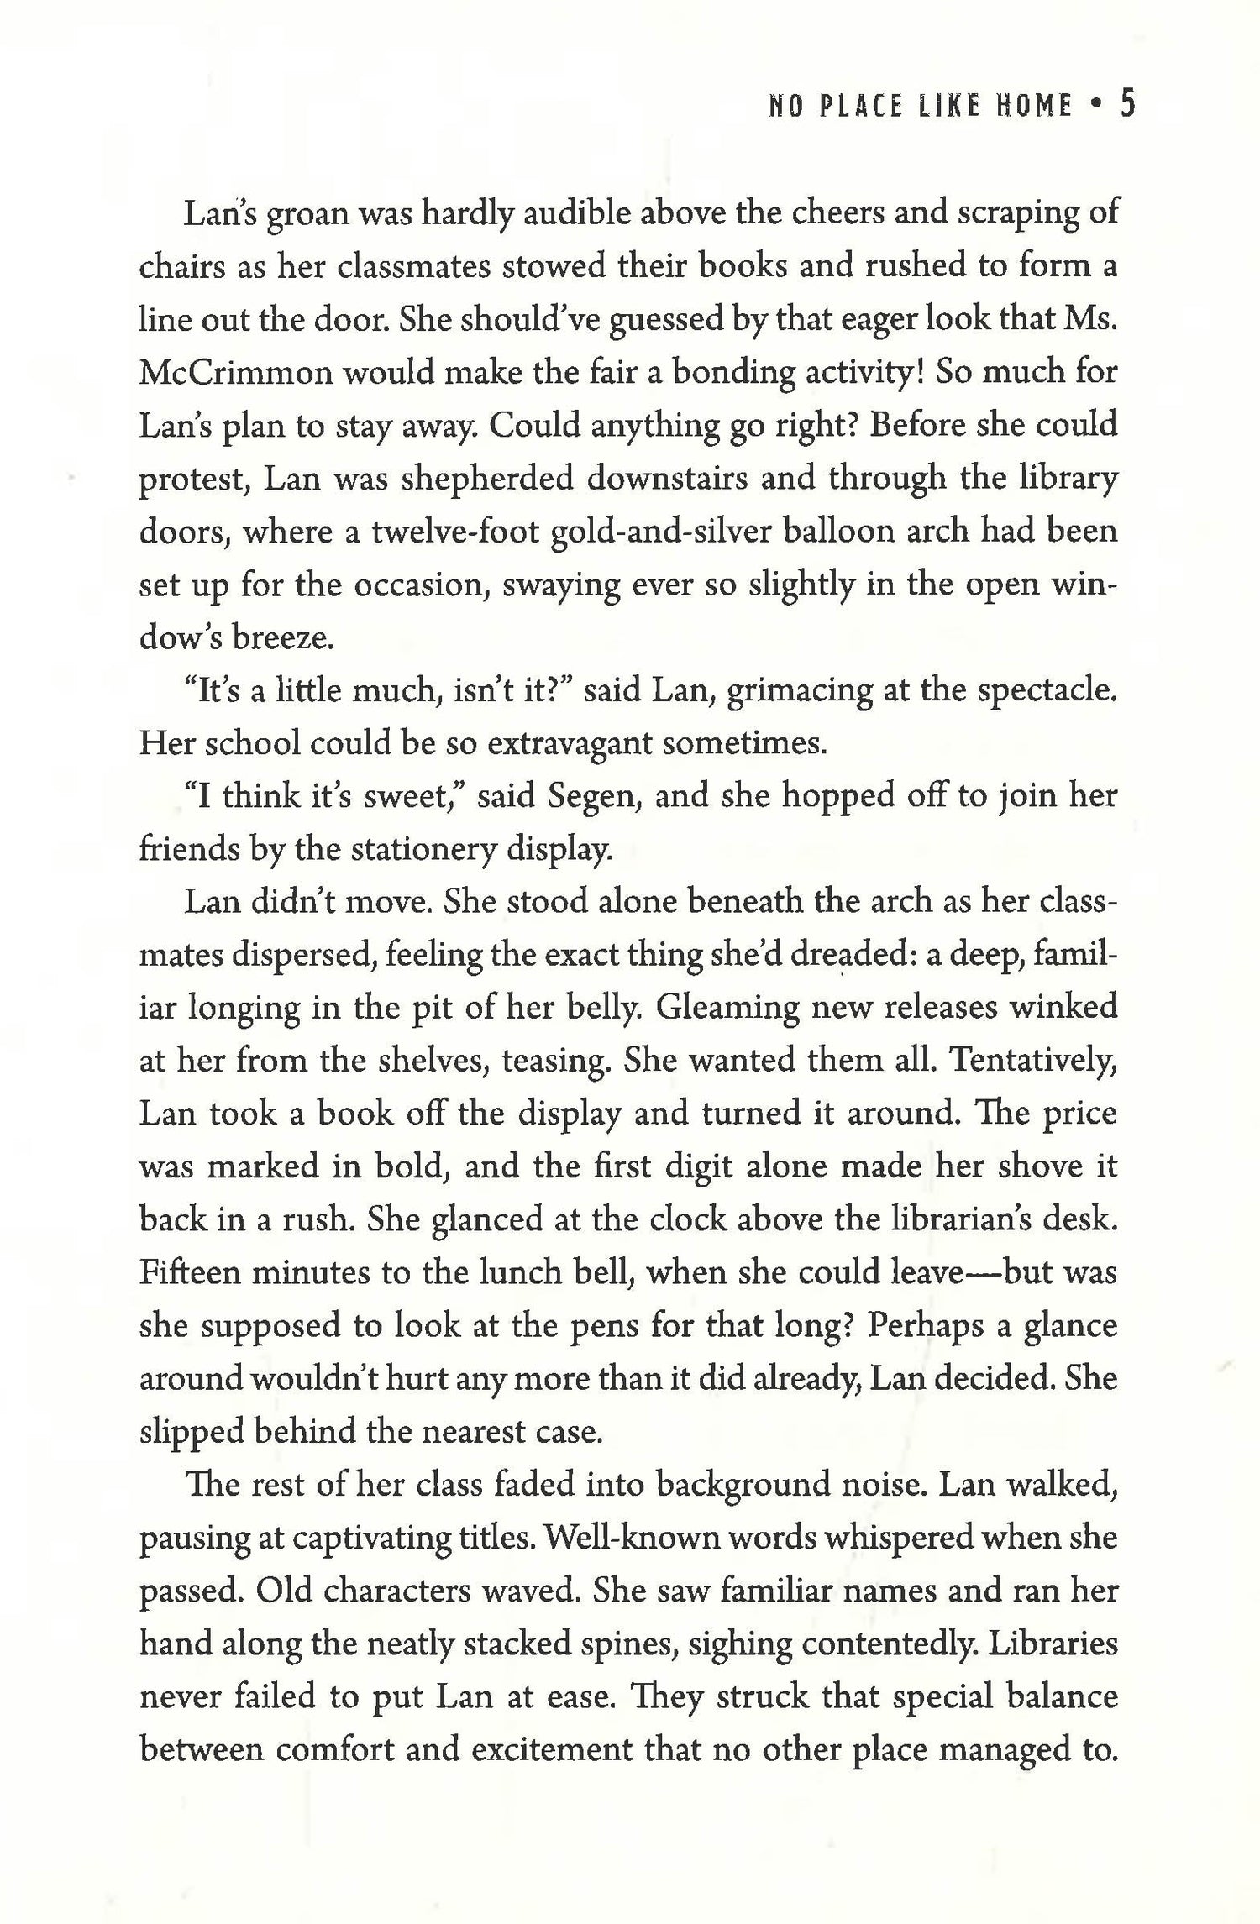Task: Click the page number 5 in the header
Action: tap(1126, 106)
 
